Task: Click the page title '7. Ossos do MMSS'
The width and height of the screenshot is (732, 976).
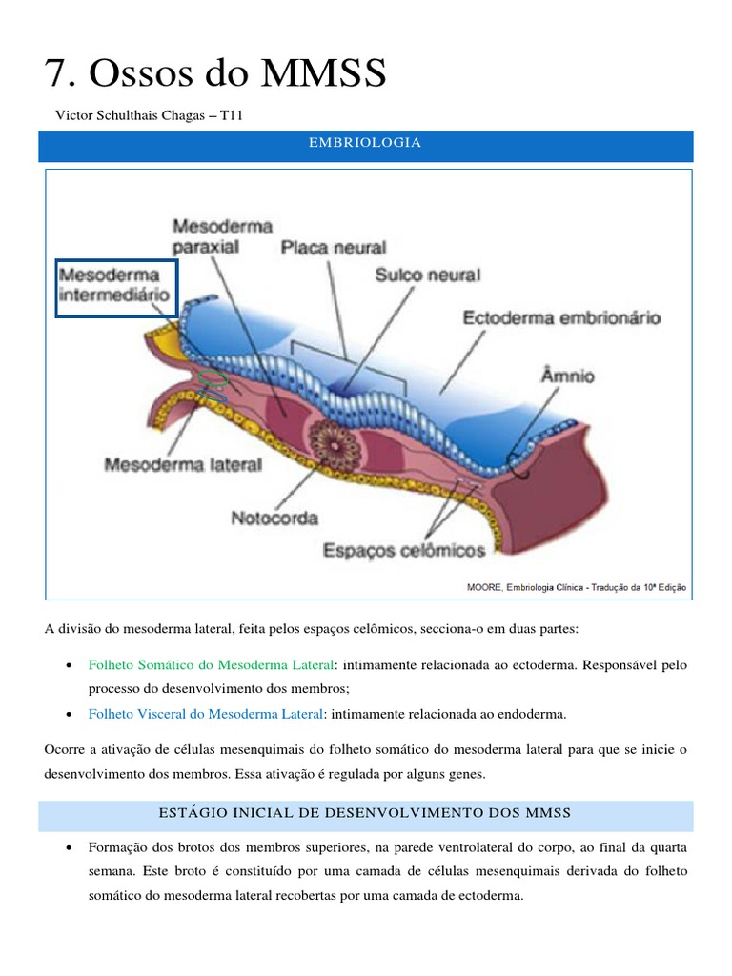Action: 215,73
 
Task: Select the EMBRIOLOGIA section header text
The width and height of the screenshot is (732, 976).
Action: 365,143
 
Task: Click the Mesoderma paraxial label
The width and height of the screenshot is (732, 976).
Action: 222,235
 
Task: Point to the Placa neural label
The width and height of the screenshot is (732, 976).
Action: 333,248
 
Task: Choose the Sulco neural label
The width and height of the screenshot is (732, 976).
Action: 428,274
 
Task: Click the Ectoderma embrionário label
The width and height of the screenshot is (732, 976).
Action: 561,318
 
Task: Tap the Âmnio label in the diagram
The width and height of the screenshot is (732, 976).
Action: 568,376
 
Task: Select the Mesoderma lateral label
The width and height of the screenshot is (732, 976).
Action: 182,466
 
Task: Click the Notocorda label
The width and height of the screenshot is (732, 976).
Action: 274,518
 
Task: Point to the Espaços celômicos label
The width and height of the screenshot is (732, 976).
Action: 404,550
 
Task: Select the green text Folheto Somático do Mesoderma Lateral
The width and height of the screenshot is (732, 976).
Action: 211,663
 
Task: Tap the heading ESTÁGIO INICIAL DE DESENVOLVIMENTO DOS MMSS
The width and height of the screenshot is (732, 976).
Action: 365,813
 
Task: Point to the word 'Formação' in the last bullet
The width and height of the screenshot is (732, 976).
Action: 115,846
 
